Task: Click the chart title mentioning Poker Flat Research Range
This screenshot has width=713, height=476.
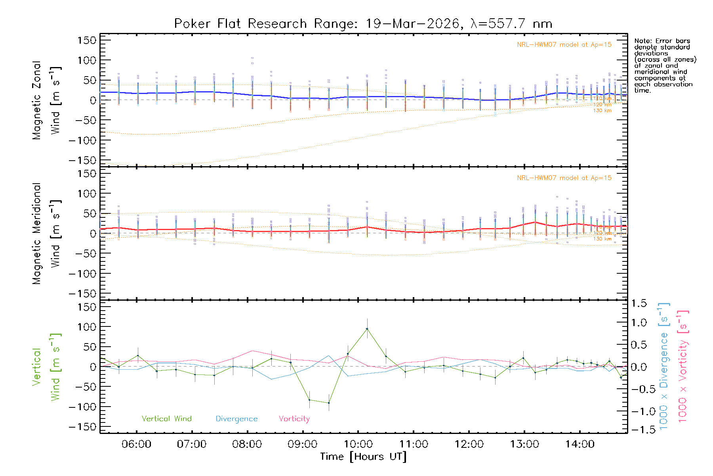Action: pyautogui.click(x=363, y=24)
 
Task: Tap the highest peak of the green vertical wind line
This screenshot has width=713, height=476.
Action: pyautogui.click(x=367, y=329)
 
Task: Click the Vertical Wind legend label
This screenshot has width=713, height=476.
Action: pyautogui.click(x=166, y=418)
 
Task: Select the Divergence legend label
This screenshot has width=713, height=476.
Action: pyautogui.click(x=236, y=418)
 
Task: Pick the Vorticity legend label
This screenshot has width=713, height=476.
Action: pyautogui.click(x=294, y=418)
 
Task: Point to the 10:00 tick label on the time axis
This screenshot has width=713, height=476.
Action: pyautogui.click(x=358, y=444)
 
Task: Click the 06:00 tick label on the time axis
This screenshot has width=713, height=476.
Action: pyautogui.click(x=136, y=444)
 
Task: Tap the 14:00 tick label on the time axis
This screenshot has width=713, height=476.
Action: pyautogui.click(x=580, y=444)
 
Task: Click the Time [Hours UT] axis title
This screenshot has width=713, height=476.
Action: pyautogui.click(x=363, y=457)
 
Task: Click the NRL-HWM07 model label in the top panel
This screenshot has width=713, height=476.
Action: pyautogui.click(x=564, y=45)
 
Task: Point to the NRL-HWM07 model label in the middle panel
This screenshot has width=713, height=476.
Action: pyautogui.click(x=564, y=178)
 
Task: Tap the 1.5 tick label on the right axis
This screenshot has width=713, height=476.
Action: pyautogui.click(x=639, y=303)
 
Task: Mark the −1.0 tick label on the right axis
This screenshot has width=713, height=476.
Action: pyautogui.click(x=639, y=411)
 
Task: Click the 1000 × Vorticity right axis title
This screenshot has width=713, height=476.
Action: pyautogui.click(x=683, y=366)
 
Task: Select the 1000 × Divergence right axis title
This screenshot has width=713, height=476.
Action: pyautogui.click(x=664, y=366)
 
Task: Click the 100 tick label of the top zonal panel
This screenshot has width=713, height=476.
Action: pyautogui.click(x=87, y=60)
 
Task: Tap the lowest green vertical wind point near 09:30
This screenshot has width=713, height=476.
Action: pyautogui.click(x=329, y=403)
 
